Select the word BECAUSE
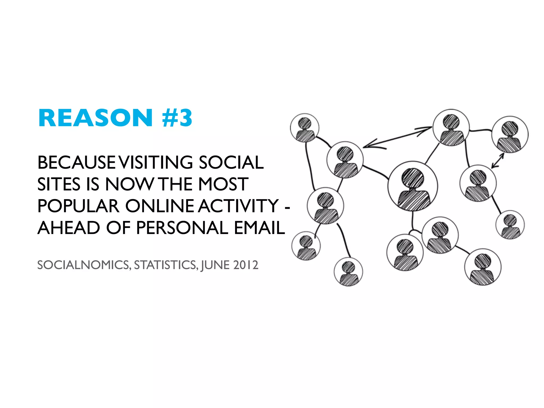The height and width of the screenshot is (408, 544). [x=76, y=163]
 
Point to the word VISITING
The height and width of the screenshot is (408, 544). [x=156, y=163]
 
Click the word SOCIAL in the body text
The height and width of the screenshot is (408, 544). [x=231, y=163]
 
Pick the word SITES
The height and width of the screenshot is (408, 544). [x=59, y=184]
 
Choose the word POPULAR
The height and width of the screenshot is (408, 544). [x=78, y=206]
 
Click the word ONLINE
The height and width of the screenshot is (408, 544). [x=160, y=206]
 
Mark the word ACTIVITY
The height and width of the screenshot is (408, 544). [x=238, y=206]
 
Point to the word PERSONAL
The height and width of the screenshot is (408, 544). [x=182, y=228]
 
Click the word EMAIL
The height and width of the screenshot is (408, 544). [x=260, y=228]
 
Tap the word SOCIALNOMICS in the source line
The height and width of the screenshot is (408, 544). [x=84, y=265]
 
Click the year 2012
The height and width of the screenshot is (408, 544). [x=246, y=265]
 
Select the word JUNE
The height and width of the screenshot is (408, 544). [x=215, y=265]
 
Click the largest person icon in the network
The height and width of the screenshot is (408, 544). [x=413, y=186]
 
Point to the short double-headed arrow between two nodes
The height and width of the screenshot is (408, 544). [x=498, y=160]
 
